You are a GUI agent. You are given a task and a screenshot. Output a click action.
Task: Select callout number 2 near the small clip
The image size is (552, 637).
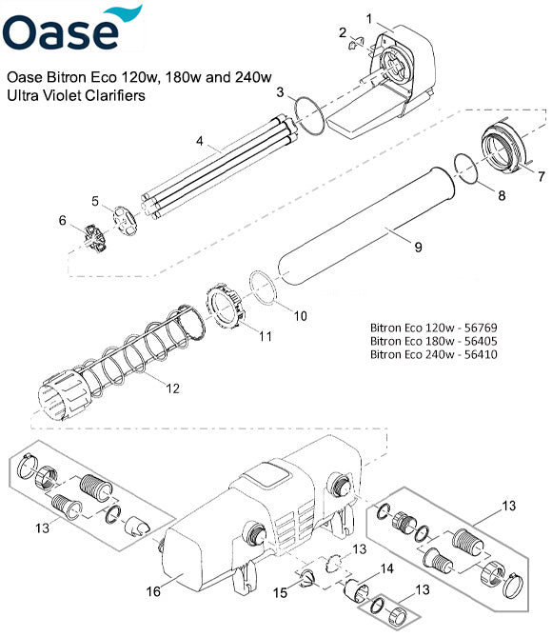[341, 33]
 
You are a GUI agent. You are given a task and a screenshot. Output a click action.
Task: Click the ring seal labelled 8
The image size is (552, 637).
[463, 169]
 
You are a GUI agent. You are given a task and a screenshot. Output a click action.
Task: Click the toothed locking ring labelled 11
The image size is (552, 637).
[226, 307]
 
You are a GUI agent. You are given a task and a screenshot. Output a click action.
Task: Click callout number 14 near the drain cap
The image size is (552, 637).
[388, 569]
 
